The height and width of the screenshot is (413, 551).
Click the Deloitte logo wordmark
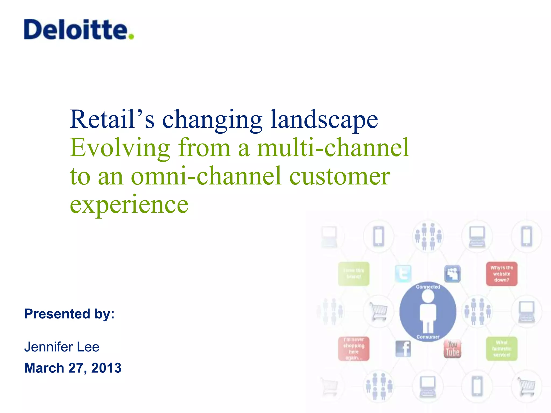coord(75,30)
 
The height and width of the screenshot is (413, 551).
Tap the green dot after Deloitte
coord(131,36)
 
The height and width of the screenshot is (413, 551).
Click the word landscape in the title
coord(324,120)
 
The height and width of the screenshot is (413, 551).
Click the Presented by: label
coord(69,314)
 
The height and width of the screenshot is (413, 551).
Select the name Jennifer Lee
coord(62,347)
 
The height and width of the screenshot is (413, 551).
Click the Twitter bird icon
coord(403,274)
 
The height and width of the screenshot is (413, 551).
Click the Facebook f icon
coord(403,349)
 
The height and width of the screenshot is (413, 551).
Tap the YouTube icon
coord(452,349)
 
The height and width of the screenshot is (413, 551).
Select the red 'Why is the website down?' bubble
coord(501,274)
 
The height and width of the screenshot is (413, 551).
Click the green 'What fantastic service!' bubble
coord(501,349)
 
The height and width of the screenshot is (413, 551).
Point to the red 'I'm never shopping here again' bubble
coord(354,349)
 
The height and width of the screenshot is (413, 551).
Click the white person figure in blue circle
coord(428,312)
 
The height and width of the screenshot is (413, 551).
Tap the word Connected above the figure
coord(428,287)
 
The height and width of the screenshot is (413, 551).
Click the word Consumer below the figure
coord(428,337)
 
